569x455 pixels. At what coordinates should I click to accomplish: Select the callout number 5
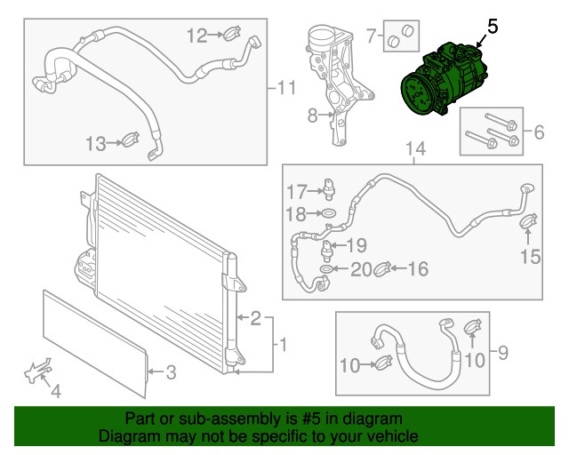click(492, 28)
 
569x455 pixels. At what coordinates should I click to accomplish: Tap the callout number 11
click(285, 87)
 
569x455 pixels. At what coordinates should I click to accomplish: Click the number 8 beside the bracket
click(312, 116)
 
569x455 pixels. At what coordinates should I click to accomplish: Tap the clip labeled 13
click(132, 140)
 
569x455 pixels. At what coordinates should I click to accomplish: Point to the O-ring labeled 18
click(327, 214)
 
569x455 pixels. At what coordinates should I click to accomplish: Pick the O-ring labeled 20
click(327, 268)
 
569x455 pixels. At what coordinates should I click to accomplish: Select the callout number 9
click(503, 355)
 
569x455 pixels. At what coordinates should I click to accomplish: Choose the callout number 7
click(371, 36)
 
